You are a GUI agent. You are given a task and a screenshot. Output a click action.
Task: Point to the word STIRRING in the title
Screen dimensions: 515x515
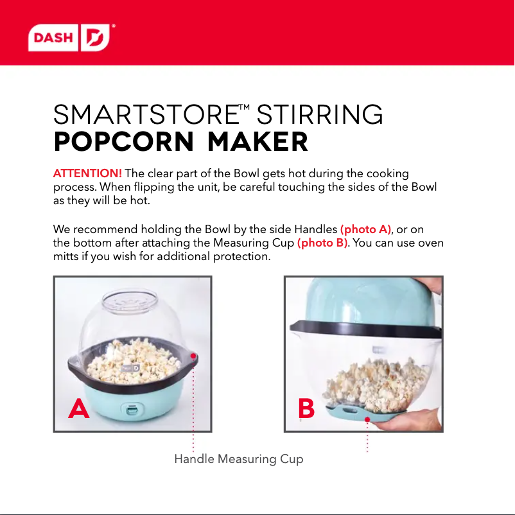(320, 116)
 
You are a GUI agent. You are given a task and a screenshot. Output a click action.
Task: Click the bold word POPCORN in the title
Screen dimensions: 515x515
(124, 142)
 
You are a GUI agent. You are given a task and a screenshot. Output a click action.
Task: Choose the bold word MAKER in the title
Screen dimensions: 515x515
(258, 142)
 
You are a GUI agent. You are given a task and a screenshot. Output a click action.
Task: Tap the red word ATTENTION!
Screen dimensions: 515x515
(87, 175)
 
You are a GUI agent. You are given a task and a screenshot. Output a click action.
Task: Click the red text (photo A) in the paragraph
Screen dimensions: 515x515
(365, 229)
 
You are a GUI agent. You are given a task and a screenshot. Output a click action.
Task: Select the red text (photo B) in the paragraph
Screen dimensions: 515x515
(322, 243)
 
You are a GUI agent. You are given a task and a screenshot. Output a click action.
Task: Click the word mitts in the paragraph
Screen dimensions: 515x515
(65, 256)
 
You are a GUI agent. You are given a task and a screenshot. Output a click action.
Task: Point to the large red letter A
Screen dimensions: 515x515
(79, 408)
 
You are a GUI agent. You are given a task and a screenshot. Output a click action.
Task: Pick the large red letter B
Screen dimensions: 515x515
(306, 408)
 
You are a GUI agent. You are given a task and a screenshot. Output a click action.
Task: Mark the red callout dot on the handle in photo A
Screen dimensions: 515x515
(193, 355)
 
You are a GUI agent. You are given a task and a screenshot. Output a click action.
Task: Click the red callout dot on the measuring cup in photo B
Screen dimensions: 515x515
(367, 420)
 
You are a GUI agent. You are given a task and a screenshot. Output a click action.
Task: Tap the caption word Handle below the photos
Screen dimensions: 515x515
(194, 459)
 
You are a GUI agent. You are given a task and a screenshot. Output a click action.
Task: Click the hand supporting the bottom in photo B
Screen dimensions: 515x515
(411, 421)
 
